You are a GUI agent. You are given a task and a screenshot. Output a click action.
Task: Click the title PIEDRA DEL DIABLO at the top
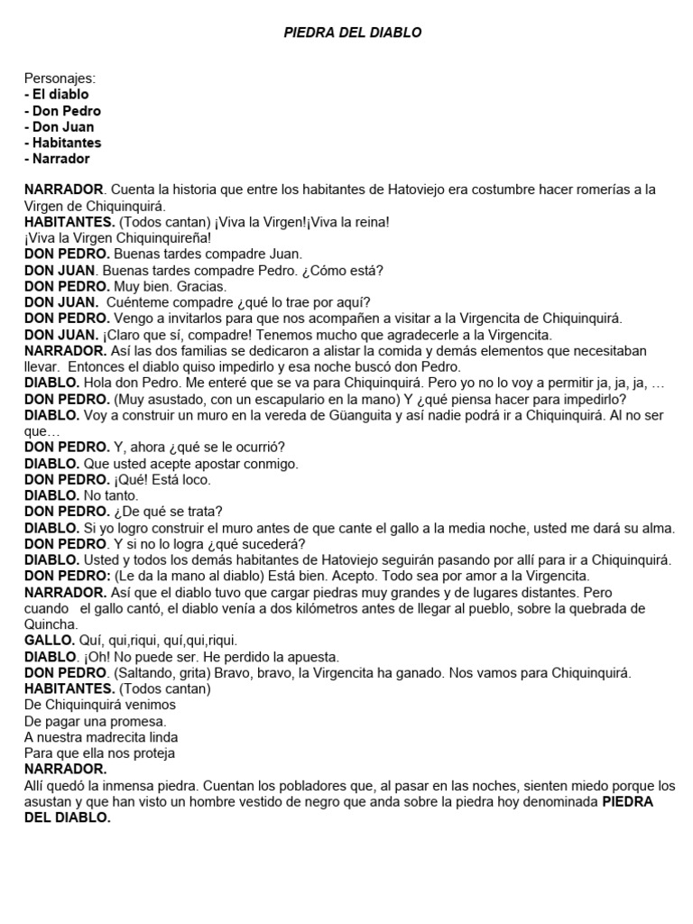point(353,32)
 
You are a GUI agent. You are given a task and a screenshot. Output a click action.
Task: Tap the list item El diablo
point(60,95)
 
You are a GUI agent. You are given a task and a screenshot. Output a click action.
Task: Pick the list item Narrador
point(60,159)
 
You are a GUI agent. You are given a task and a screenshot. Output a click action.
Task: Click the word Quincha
point(51,624)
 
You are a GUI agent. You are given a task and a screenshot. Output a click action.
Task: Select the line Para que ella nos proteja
point(99,753)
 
